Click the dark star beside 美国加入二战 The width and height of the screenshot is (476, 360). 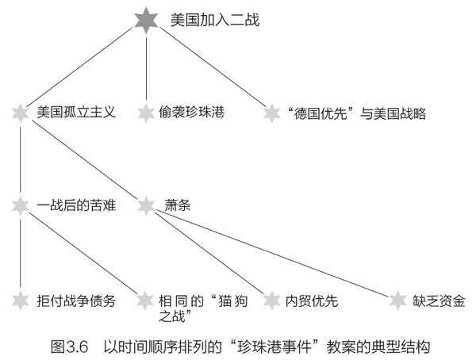tap(146, 21)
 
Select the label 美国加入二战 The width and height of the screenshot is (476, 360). tap(215, 20)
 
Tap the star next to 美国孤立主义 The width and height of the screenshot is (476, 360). tap(21, 113)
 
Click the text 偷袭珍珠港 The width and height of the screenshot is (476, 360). tap(191, 112)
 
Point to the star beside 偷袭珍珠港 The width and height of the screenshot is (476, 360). tap(146, 113)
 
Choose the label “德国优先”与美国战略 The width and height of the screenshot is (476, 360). tap(357, 113)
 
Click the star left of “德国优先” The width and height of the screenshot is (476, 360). tap(271, 113)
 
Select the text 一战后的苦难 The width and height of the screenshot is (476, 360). tap(76, 205)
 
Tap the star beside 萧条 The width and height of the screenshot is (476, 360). tap(146, 206)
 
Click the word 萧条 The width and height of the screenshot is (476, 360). tap(178, 205)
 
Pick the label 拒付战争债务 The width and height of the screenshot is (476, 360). tap(76, 301)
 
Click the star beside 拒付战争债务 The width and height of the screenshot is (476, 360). tap(21, 301)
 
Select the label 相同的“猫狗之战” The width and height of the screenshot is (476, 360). tap(203, 308)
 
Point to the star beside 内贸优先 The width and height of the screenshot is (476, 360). tap(271, 301)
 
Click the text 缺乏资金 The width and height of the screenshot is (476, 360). tap(439, 301)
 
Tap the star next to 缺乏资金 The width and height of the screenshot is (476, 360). tap(397, 301)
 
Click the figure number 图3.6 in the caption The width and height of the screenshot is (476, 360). tap(70, 347)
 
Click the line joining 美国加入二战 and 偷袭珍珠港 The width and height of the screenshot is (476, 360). tap(146, 69)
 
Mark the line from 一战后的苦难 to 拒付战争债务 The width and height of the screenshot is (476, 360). tap(21, 251)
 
